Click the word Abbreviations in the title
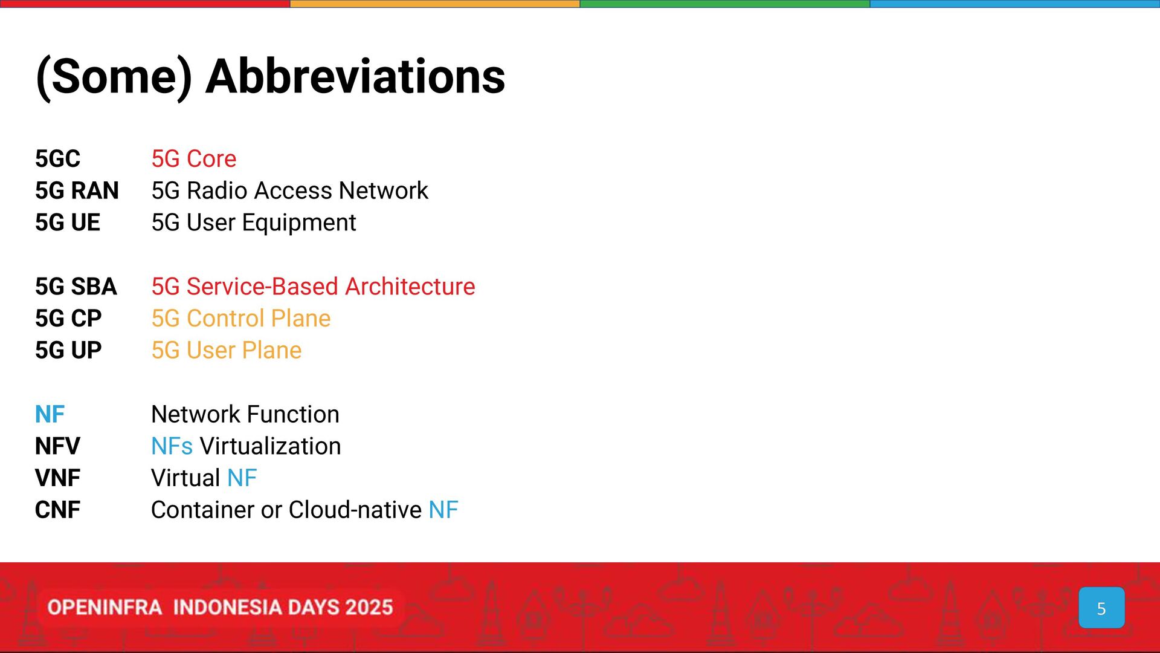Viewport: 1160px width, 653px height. pyautogui.click(x=355, y=77)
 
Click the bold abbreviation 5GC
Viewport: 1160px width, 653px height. pyautogui.click(x=57, y=159)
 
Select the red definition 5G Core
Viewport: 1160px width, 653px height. pyautogui.click(x=194, y=159)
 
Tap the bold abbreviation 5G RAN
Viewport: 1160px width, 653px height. pyautogui.click(x=77, y=191)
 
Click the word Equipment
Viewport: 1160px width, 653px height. pyautogui.click(x=300, y=223)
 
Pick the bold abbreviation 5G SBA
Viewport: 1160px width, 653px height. pyautogui.click(x=76, y=287)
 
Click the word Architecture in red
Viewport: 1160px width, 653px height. pyautogui.click(x=410, y=287)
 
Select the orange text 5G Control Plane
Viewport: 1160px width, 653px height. pyautogui.click(x=241, y=319)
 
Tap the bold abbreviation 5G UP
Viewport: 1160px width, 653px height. pyautogui.click(x=68, y=351)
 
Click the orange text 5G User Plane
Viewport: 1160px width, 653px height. pyautogui.click(x=227, y=351)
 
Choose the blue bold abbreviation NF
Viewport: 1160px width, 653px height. pyautogui.click(x=50, y=415)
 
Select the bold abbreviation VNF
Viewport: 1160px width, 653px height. pyautogui.click(x=57, y=478)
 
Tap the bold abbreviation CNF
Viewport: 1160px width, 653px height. pyautogui.click(x=57, y=510)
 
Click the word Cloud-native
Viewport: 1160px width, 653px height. pyautogui.click(x=355, y=510)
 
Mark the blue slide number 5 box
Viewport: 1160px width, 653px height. pyautogui.click(x=1101, y=608)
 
